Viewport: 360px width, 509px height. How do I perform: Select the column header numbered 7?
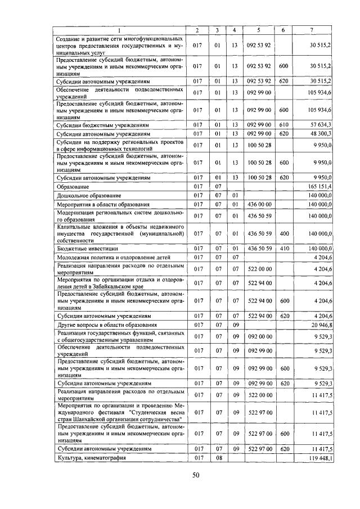(312, 29)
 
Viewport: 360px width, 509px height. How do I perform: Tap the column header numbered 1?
(120, 29)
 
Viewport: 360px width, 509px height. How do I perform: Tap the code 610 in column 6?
(283, 124)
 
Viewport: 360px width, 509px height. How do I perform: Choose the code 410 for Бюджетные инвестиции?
(283, 248)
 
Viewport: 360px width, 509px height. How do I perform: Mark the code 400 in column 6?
(283, 233)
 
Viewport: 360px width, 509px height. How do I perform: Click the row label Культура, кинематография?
(92, 458)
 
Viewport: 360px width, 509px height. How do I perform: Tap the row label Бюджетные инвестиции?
(85, 248)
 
